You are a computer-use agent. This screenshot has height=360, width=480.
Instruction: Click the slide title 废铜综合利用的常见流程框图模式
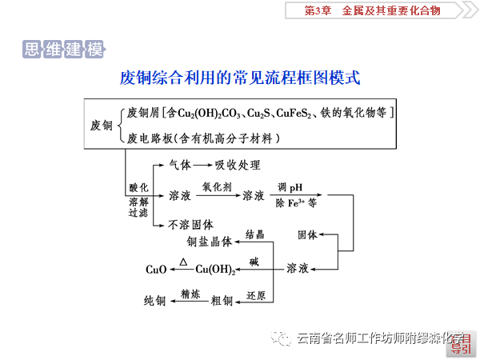click(x=240, y=78)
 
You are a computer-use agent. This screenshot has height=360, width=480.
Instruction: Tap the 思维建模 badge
click(x=64, y=50)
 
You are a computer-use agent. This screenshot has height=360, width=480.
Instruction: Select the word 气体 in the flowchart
click(x=180, y=166)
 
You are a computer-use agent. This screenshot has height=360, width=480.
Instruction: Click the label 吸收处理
click(x=238, y=166)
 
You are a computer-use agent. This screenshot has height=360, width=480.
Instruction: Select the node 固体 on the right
click(x=308, y=235)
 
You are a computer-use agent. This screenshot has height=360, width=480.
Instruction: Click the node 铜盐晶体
click(x=209, y=240)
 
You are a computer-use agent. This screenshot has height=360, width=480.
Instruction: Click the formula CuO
click(x=156, y=270)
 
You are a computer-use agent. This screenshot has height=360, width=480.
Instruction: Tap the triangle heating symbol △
click(x=184, y=262)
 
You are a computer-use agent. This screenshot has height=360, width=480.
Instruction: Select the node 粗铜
click(x=222, y=301)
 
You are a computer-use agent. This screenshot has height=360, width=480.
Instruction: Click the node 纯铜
click(x=154, y=301)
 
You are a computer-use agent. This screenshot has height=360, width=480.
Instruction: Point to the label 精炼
click(x=190, y=294)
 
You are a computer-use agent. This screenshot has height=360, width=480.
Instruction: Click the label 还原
click(x=255, y=294)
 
